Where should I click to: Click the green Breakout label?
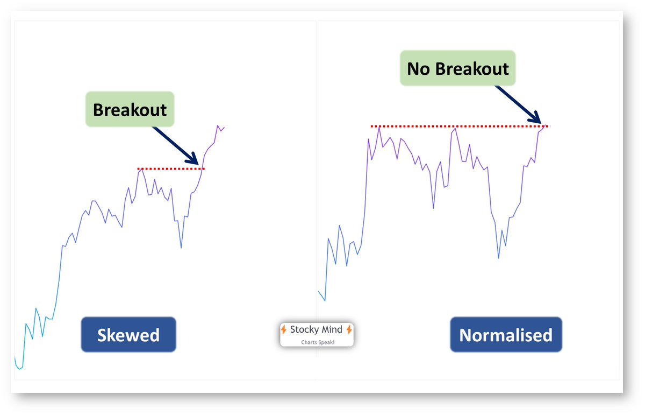point(130,109)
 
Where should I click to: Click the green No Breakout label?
point(457,68)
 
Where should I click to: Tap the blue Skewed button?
point(128,335)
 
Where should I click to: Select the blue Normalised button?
point(506,335)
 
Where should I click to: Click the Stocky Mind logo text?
point(317,329)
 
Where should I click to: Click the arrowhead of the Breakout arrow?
point(196,161)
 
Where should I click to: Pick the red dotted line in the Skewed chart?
point(171,168)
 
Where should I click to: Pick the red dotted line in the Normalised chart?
point(460,126)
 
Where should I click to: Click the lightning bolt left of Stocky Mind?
point(284,329)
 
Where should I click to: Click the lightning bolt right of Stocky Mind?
point(349,329)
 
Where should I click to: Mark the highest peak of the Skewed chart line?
point(218,126)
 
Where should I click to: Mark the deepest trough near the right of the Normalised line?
point(499,258)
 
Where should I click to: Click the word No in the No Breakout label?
point(417,69)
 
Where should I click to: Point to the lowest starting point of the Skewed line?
point(19,369)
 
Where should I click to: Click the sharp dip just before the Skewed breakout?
point(181,248)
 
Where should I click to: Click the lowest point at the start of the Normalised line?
point(325,300)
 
